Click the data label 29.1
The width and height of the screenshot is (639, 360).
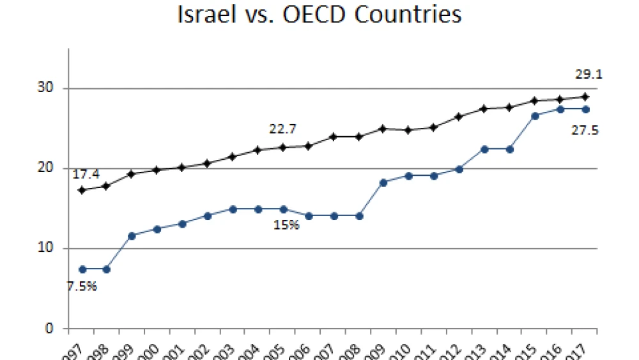(x=589, y=75)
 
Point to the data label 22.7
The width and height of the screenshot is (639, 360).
(x=282, y=129)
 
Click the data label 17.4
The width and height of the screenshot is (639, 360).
(x=84, y=173)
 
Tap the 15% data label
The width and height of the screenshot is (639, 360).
(x=286, y=225)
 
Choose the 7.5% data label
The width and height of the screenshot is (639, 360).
(x=82, y=286)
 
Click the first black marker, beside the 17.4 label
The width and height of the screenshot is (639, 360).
(x=82, y=190)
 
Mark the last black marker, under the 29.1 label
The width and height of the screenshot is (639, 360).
(x=585, y=97)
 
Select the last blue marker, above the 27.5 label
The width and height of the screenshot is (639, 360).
(x=585, y=109)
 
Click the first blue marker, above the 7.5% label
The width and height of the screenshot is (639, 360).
(x=82, y=269)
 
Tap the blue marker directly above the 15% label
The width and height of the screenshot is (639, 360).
(x=283, y=209)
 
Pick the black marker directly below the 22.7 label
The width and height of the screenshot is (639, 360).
(x=283, y=147)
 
